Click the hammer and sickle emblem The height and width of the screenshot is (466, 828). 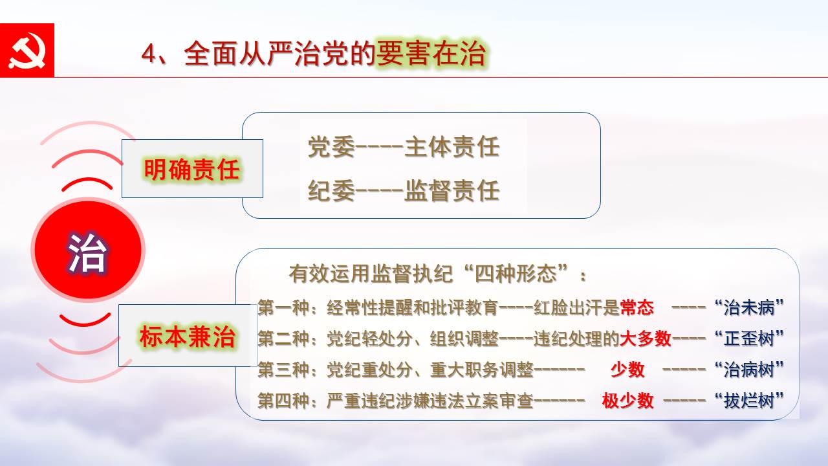click(27, 50)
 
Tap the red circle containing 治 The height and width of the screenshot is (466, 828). click(88, 250)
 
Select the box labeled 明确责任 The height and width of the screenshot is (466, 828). click(192, 169)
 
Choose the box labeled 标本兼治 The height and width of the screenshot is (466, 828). click(188, 335)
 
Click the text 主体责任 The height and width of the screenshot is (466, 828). click(452, 147)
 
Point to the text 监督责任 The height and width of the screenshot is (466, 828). click(452, 190)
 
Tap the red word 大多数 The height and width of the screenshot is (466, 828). click(646, 338)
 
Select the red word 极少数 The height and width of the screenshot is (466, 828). click(627, 400)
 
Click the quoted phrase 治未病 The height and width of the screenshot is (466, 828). click(749, 307)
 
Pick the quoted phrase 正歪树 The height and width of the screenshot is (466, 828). click(749, 338)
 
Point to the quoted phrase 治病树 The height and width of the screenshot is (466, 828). click(749, 369)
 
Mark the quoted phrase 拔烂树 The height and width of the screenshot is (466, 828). click(749, 400)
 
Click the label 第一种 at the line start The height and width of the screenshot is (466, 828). click(283, 307)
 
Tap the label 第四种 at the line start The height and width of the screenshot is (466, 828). click(283, 400)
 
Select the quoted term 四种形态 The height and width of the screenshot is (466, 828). click(516, 274)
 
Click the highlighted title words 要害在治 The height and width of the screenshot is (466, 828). click(431, 54)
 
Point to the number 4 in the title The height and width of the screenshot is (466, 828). click(148, 54)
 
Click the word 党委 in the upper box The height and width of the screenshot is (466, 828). click(331, 147)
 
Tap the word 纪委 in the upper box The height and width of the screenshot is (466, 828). click(331, 190)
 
